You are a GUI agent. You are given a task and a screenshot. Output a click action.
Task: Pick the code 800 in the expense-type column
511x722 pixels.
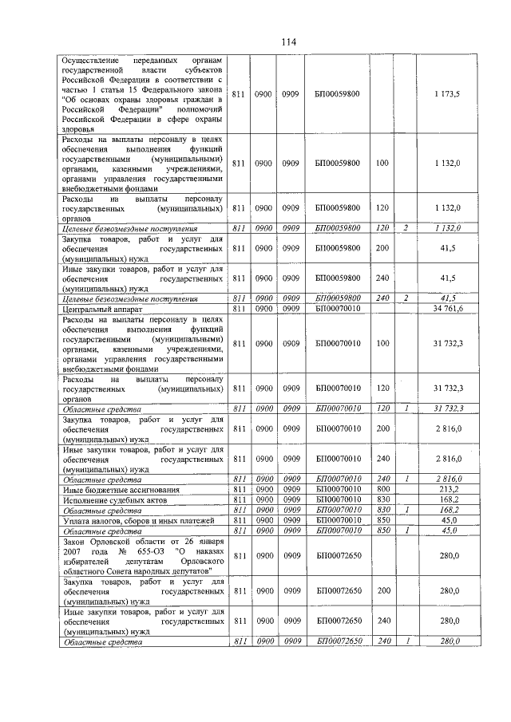382,489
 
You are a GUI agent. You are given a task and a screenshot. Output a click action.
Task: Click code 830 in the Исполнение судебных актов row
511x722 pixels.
382,499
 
